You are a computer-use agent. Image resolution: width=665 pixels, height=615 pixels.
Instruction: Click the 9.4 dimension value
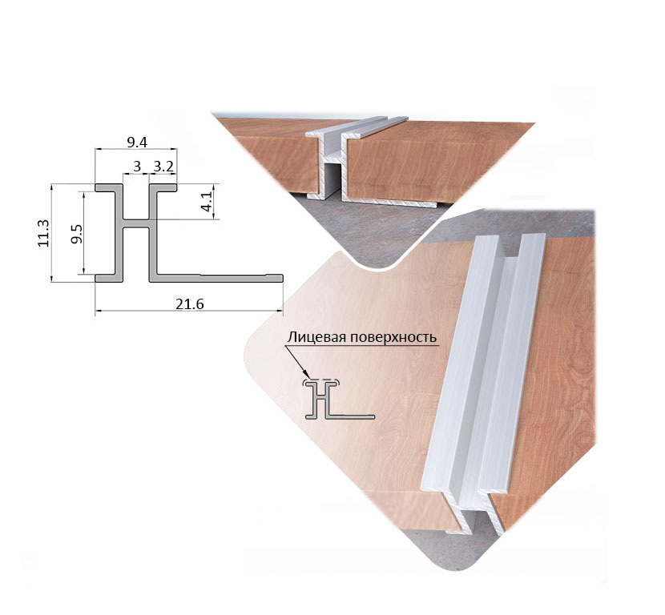click(137, 143)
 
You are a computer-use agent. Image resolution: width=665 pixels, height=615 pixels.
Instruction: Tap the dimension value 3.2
click(163, 167)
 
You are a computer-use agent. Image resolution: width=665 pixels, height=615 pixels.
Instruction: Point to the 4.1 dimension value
click(207, 201)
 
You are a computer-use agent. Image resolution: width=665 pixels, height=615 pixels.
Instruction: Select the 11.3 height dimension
click(44, 233)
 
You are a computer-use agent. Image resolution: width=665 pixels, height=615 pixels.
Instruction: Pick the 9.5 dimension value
click(77, 234)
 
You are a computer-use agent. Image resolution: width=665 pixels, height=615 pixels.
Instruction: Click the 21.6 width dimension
click(190, 304)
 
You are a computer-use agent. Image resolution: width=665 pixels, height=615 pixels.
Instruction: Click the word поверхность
click(390, 338)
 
